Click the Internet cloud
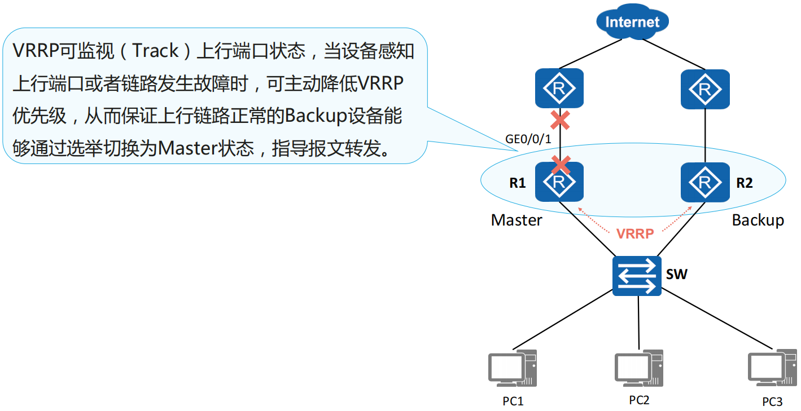click(x=632, y=22)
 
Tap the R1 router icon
click(x=559, y=182)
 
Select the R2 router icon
click(x=704, y=182)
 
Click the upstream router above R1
click(x=559, y=89)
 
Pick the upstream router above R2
click(x=704, y=89)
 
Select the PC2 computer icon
click(x=638, y=367)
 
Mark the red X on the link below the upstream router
click(x=559, y=120)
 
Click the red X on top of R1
click(x=560, y=165)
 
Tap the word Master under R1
click(x=517, y=220)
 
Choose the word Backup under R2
click(x=758, y=220)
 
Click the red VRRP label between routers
click(x=635, y=233)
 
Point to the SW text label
click(x=677, y=275)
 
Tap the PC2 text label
click(x=639, y=400)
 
